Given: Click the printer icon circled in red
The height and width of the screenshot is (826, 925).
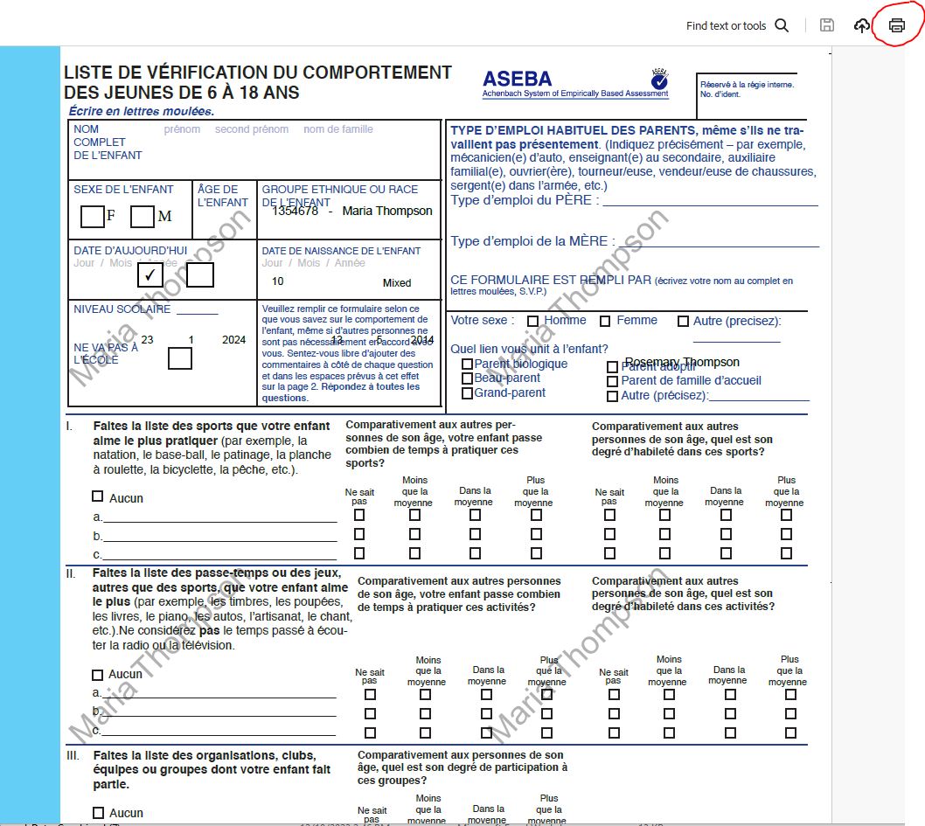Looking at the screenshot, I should [x=896, y=25].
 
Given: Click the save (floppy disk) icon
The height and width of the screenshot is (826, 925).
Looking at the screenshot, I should [x=826, y=25].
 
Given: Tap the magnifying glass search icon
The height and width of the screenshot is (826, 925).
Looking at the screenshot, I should [x=782, y=25].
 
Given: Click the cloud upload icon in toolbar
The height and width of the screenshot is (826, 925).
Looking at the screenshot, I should [x=862, y=25].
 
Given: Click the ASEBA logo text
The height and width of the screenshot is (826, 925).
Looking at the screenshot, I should [x=518, y=78].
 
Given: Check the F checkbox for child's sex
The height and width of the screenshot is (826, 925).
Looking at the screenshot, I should [x=92, y=216].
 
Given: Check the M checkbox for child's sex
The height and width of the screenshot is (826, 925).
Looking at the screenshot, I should [x=143, y=216].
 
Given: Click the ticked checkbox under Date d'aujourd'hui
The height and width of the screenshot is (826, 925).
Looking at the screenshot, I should [x=150, y=274].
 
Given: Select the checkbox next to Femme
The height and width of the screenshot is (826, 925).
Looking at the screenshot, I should [x=605, y=321].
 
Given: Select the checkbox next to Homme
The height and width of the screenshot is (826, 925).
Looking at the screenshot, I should [x=532, y=321].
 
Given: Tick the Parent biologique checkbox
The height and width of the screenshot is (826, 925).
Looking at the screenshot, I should [x=467, y=364].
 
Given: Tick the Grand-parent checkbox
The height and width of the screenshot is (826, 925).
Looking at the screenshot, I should [x=467, y=394].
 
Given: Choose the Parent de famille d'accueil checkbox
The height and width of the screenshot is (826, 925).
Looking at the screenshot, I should [x=612, y=381].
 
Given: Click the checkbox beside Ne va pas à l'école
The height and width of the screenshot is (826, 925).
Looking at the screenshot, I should [x=180, y=357].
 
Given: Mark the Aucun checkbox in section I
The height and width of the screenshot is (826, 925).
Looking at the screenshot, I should [x=98, y=496].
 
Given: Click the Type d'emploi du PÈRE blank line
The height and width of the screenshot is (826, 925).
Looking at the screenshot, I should [x=709, y=202].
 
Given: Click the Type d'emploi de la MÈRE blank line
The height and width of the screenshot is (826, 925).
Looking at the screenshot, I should [x=717, y=243].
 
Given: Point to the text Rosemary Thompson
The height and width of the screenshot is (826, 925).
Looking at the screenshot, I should [x=682, y=362].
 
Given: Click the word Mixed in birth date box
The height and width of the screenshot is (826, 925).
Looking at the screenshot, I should [x=396, y=283].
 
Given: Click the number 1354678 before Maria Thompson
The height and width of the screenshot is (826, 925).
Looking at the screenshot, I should [x=295, y=211].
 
